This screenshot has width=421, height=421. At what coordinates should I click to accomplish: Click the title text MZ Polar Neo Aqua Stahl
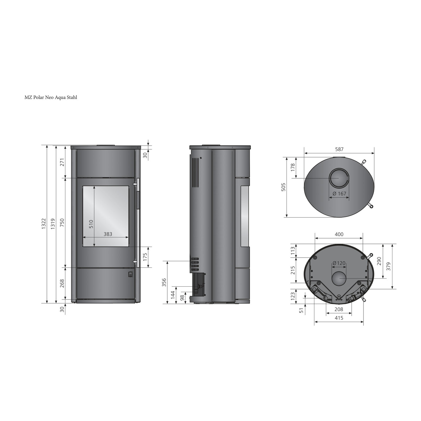point(51,97)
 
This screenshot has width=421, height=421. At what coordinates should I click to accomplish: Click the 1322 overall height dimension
point(44,224)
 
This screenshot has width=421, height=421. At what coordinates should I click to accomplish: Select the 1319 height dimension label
point(52,224)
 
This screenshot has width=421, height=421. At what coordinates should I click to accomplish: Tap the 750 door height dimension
point(62,223)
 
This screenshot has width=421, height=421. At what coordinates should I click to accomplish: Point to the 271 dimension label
point(62,162)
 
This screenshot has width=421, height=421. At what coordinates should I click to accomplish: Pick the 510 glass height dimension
point(91,224)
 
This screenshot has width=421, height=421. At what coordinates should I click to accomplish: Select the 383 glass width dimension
point(108,234)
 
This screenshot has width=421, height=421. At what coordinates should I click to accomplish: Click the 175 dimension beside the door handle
point(145,257)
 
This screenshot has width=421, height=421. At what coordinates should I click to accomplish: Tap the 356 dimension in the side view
point(164,282)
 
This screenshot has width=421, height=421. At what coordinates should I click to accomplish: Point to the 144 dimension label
point(173,294)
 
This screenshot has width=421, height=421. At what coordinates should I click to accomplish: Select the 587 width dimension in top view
point(339,150)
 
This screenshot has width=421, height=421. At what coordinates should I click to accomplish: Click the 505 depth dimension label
point(283,187)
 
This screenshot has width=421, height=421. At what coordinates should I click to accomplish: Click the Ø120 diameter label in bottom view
point(339,263)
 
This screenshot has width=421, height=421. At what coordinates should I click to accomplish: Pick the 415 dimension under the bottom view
point(339,318)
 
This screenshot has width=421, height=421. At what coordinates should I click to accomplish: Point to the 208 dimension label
point(339,309)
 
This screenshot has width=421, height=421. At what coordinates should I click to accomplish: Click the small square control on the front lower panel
point(131,274)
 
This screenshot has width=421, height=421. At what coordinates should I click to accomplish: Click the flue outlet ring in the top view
point(339,179)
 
